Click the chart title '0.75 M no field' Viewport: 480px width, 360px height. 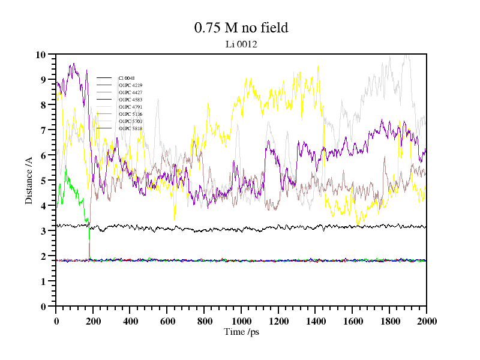point(241,28)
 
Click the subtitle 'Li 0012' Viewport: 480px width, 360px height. point(241,44)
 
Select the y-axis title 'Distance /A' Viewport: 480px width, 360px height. point(29,180)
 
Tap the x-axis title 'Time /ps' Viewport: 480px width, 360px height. point(241,332)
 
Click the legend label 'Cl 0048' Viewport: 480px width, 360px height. point(127,78)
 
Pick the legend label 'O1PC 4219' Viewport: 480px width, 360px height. point(130,85)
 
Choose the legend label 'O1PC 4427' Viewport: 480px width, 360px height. point(130,92)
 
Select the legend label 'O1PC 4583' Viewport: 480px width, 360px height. point(130,100)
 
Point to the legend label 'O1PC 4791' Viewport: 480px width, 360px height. point(130,107)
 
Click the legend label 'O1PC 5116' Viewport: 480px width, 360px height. point(130,114)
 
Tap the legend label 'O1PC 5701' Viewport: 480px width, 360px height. point(130,121)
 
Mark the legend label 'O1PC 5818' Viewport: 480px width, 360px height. point(130,128)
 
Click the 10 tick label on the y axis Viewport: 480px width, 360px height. point(41,55)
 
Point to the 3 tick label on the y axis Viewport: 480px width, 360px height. point(43,231)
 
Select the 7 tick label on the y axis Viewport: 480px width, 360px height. point(43,130)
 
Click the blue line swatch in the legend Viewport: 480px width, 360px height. point(104,100)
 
